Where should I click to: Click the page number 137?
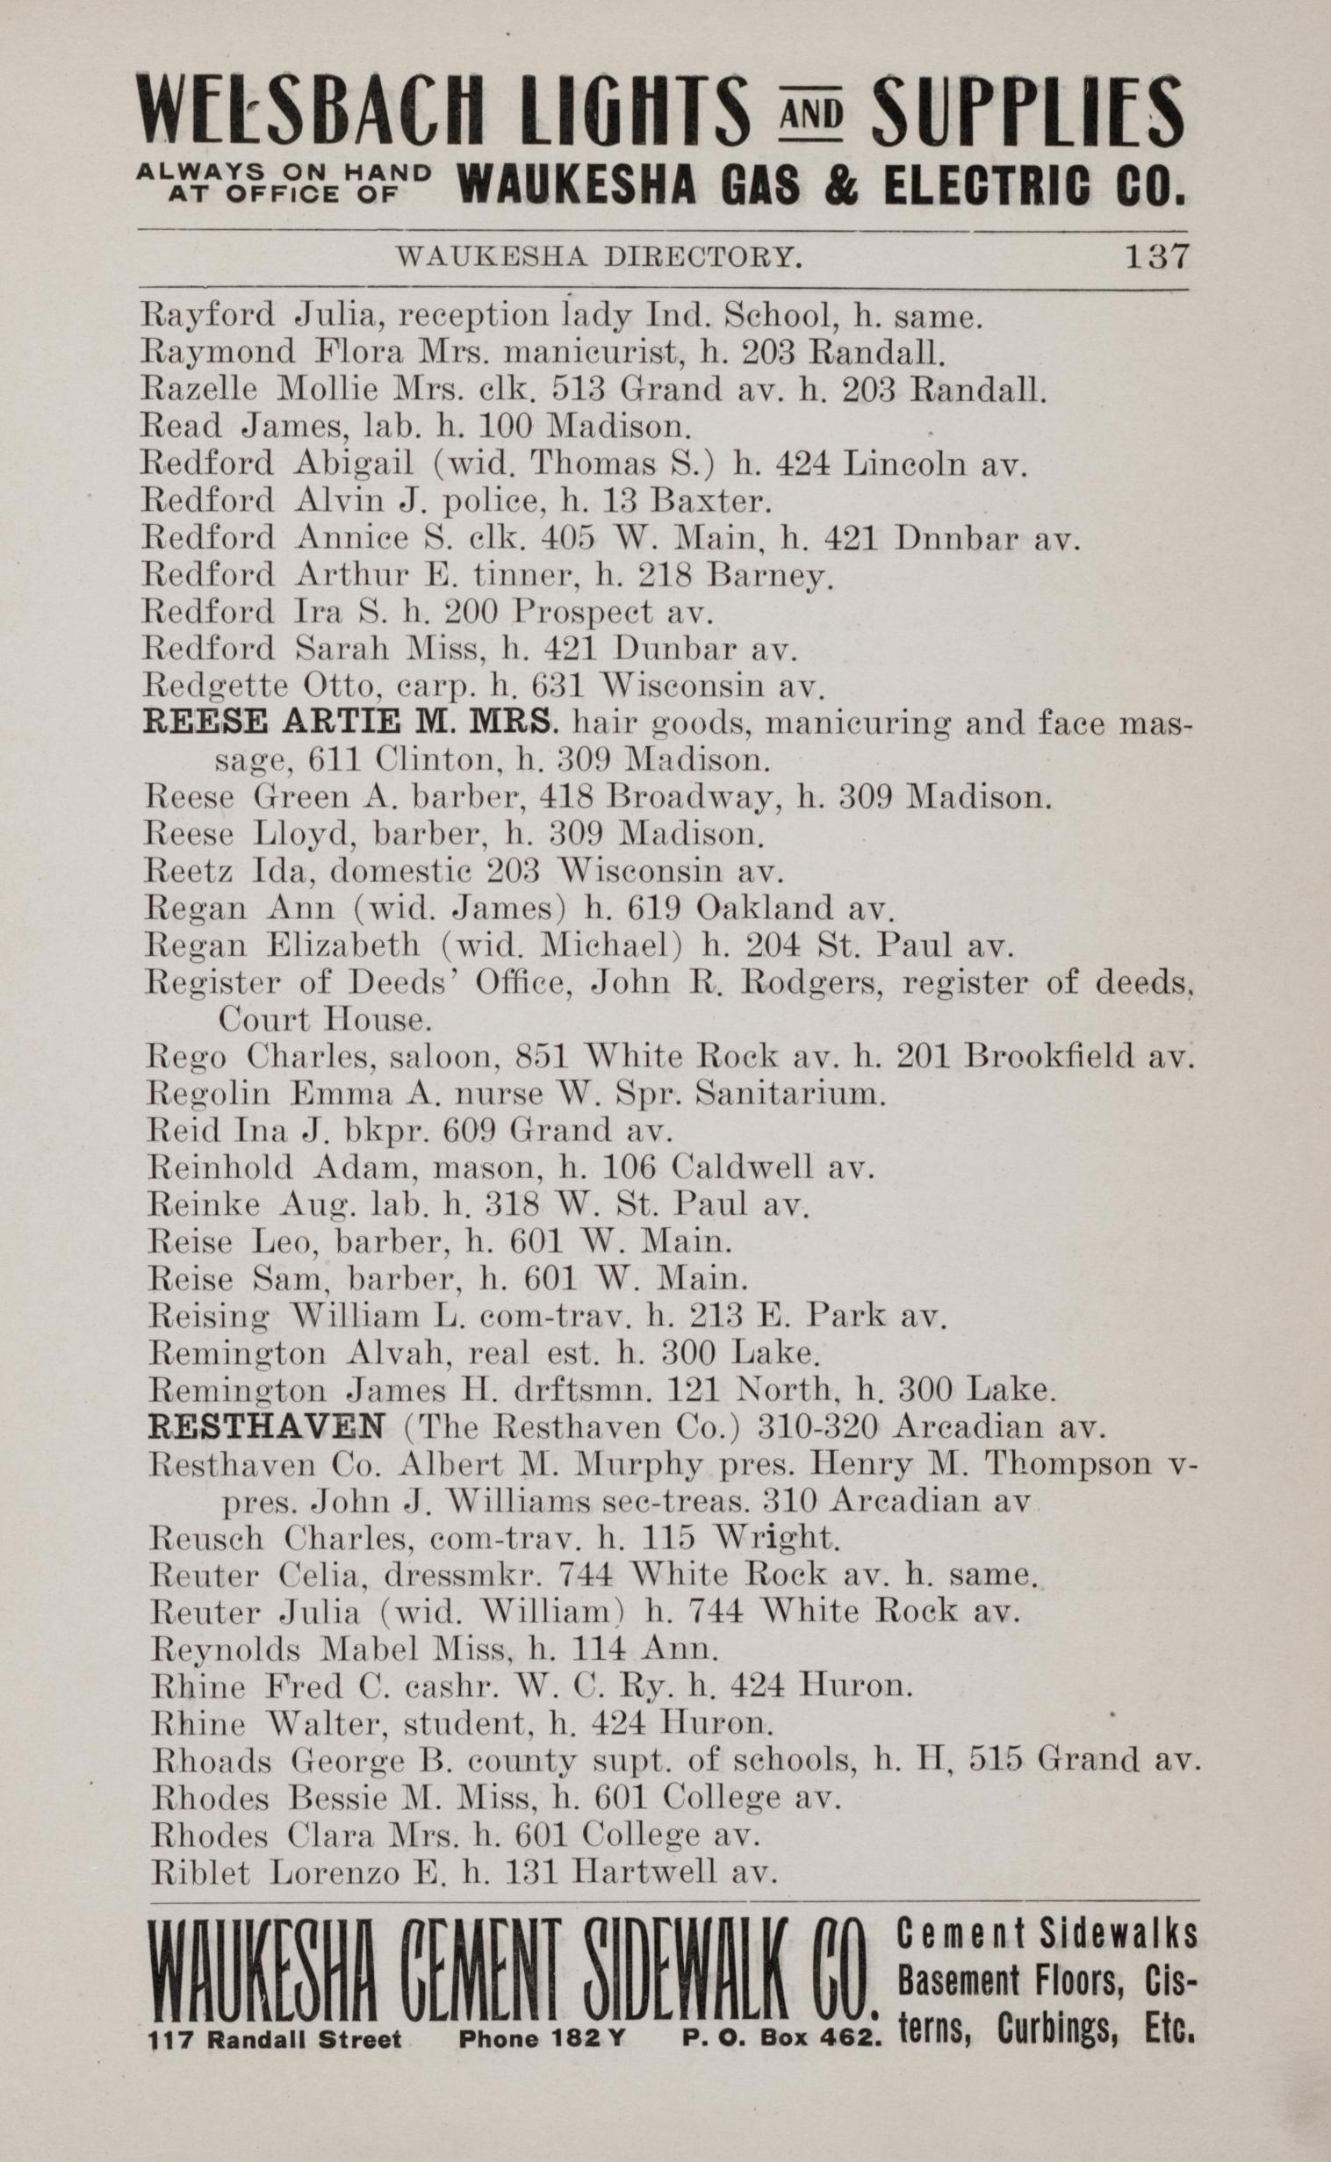(1155, 256)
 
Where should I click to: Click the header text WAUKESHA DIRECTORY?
(599, 257)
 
